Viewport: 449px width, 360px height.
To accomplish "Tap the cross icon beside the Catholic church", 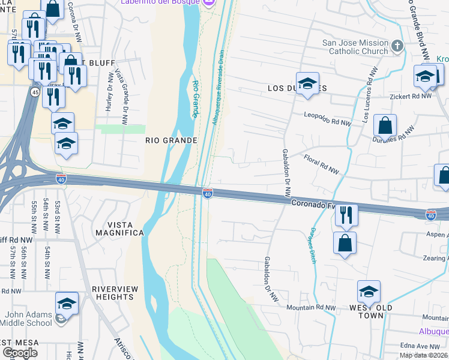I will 397,46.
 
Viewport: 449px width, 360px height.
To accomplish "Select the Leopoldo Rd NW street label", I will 327,118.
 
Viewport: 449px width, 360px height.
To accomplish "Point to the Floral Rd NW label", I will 321,167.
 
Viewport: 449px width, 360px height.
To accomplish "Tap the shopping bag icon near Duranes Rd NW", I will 385,127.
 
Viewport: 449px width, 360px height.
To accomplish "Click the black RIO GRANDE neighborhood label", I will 172,140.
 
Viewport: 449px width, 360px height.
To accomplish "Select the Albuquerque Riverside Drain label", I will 217,87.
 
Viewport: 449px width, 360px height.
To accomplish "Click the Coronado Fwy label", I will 313,205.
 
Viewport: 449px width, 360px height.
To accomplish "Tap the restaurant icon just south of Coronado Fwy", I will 346,216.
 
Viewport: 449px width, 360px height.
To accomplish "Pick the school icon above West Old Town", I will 369,293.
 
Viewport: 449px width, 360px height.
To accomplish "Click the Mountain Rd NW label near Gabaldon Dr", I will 310,307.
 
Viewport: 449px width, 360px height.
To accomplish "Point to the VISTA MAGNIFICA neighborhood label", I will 118,233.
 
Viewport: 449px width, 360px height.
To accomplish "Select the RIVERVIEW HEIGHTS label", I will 113,293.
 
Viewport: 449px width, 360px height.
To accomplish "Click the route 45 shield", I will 34,92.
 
